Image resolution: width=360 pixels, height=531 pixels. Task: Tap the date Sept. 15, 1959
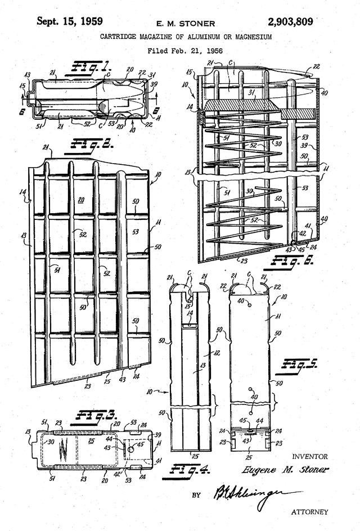[70, 22]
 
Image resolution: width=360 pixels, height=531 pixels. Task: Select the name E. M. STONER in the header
[186, 24]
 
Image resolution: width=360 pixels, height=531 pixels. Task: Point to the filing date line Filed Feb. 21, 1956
[186, 51]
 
